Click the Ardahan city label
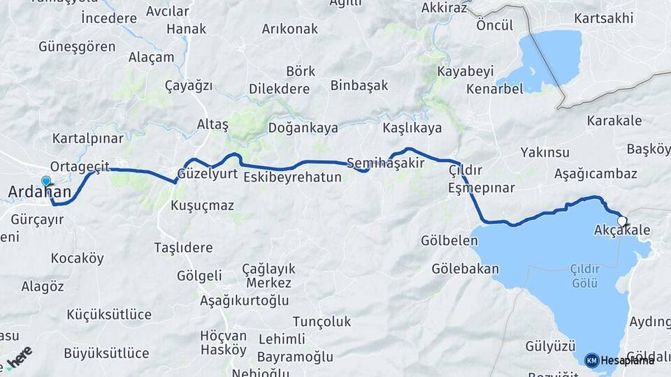coord(39,191)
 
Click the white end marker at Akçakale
coord(622,221)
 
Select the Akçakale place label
coord(621,230)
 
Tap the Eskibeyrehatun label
coord(292,177)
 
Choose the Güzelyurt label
coord(208,174)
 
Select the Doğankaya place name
coord(303,128)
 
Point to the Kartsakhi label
coord(603,17)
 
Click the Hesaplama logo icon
coord(592,360)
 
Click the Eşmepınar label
coord(481,188)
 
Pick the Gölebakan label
coord(465,269)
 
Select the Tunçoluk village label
coord(322,321)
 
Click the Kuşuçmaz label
coord(202,206)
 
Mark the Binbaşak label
coord(359,86)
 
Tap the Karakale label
coord(614,121)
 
